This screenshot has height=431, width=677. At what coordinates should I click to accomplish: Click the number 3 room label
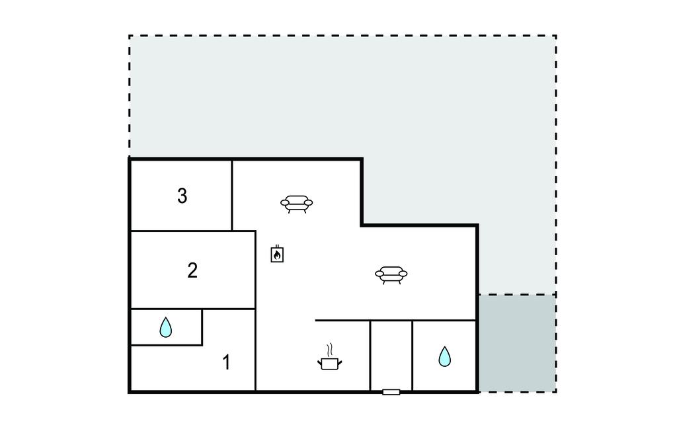182,196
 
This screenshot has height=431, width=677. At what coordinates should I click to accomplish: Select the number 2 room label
192,270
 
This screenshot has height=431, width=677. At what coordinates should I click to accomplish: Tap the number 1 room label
226,362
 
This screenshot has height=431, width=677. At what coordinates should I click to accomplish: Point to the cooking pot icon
330,364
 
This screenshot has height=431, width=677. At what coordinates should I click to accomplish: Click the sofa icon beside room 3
297,204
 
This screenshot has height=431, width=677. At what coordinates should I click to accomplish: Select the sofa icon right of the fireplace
391,275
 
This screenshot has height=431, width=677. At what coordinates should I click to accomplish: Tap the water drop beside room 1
166,327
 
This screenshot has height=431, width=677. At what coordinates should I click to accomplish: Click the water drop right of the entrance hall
445,356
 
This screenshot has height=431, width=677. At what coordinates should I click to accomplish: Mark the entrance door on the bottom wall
391,392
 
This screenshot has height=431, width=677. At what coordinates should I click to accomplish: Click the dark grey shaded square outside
517,343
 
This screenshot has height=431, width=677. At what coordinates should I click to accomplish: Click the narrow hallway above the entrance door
391,356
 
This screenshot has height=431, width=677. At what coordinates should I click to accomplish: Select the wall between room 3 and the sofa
232,196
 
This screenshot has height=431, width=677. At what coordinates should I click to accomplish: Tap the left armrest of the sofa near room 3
285,202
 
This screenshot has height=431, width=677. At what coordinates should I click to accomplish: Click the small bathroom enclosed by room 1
166,327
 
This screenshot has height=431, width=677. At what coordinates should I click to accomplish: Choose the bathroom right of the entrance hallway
444,356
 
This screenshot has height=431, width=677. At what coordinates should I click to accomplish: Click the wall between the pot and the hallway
370,356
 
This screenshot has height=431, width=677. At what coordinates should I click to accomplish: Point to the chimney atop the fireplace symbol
277,246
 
